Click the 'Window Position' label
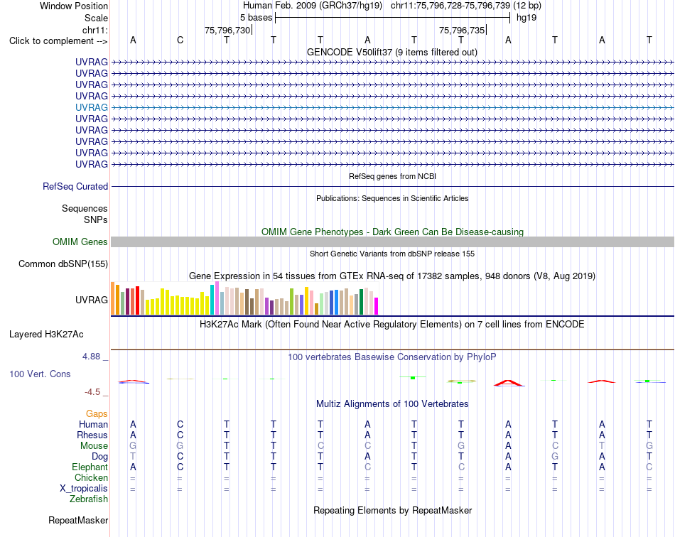[74, 6]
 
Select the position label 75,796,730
[227, 30]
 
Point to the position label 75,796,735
[461, 30]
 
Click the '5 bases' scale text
[256, 18]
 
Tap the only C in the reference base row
[180, 40]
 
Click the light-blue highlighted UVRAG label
[91, 107]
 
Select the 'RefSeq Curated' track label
[75, 186]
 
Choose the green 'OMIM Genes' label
[80, 242]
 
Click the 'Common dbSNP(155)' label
[63, 264]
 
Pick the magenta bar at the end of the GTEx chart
[377, 306]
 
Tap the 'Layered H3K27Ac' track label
[46, 335]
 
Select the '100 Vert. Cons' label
[40, 374]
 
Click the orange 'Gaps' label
[97, 413]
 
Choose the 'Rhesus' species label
[92, 435]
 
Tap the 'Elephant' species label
[90, 467]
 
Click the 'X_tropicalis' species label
[84, 489]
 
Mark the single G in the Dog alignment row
[555, 456]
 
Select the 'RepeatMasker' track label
[78, 520]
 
